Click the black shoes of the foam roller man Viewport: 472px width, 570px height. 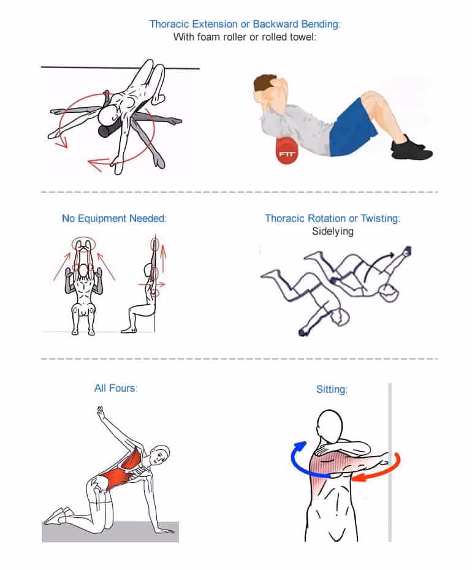tap(412, 148)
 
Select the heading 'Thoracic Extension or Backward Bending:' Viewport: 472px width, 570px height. tap(245, 25)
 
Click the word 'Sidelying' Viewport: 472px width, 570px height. tap(332, 232)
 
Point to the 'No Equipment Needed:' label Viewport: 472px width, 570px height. tap(114, 218)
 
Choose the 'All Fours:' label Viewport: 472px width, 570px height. tap(116, 388)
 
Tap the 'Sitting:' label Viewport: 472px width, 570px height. tap(332, 389)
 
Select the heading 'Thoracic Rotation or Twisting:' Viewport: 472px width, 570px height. tap(332, 218)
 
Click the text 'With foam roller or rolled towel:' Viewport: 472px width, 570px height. tap(245, 37)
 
